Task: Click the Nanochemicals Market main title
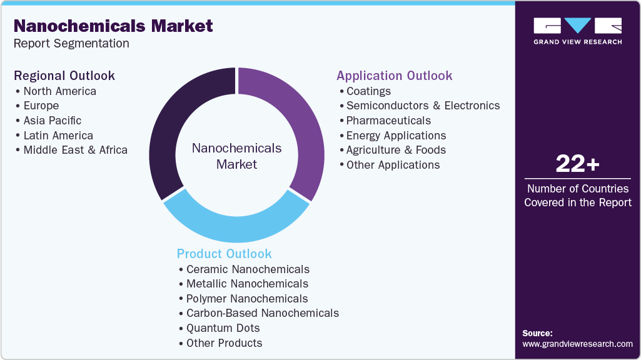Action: pos(113,26)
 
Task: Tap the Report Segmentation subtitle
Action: pos(71,44)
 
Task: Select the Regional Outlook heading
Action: pos(64,76)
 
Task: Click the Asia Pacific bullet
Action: pos(53,121)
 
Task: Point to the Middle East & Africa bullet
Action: pos(75,150)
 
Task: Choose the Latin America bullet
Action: pos(58,136)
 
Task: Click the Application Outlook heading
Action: pos(394,76)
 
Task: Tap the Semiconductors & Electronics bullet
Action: pos(423,106)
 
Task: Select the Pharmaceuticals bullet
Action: pos(388,121)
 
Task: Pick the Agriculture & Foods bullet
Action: pos(396,150)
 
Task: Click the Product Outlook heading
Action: pos(224,254)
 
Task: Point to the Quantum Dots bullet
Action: pos(223,328)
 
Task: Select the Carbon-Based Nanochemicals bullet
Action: pos(262,313)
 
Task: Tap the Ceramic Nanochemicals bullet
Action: pos(248,269)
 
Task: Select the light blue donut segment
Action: pos(236,225)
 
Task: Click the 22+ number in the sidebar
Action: pos(577,164)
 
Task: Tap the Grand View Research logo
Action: pos(577,31)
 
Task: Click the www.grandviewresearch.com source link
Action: pos(577,344)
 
